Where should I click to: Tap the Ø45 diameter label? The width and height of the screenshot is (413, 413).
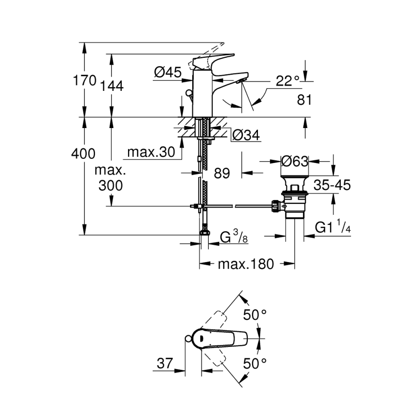167,72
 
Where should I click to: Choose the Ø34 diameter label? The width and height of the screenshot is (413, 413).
246,135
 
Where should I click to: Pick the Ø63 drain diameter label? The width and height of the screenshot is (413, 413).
294,162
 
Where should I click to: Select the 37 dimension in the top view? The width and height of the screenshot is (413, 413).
164,364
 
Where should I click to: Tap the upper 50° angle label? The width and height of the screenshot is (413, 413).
255,315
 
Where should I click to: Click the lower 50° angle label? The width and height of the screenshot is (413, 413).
255,364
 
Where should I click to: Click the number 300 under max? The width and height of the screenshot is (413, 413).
111,185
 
